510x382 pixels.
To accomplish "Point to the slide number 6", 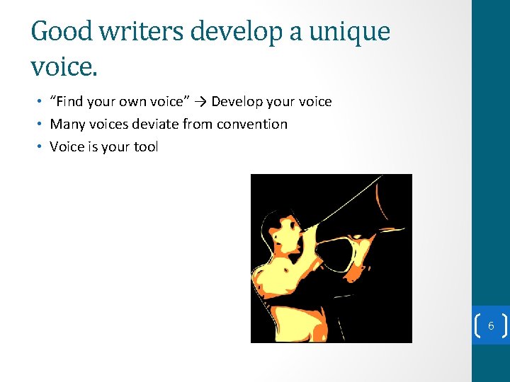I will click(490, 326).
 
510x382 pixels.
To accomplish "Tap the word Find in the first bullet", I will click(74, 101).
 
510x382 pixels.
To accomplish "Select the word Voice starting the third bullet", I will click(67, 146).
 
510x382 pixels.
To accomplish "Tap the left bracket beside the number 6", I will click(477, 326).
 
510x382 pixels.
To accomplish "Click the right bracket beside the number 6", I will click(504, 326).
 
